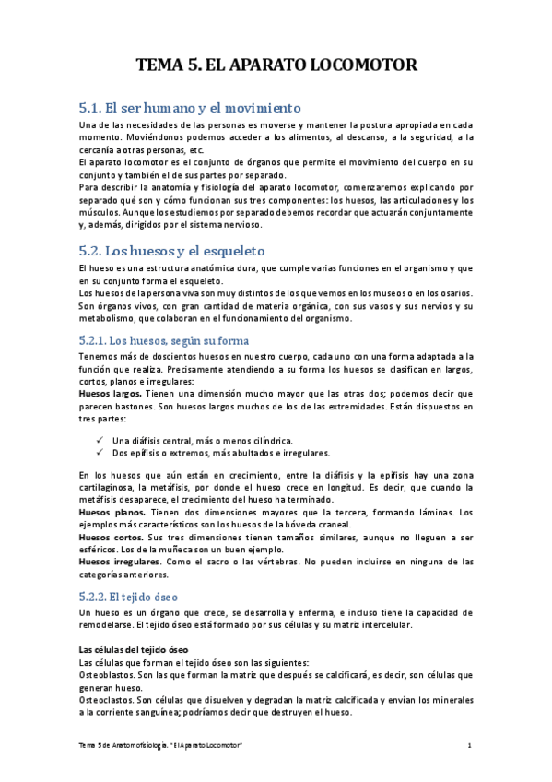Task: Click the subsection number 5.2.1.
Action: click(98, 338)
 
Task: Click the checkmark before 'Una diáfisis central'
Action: click(100, 440)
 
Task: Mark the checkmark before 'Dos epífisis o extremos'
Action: click(100, 453)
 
